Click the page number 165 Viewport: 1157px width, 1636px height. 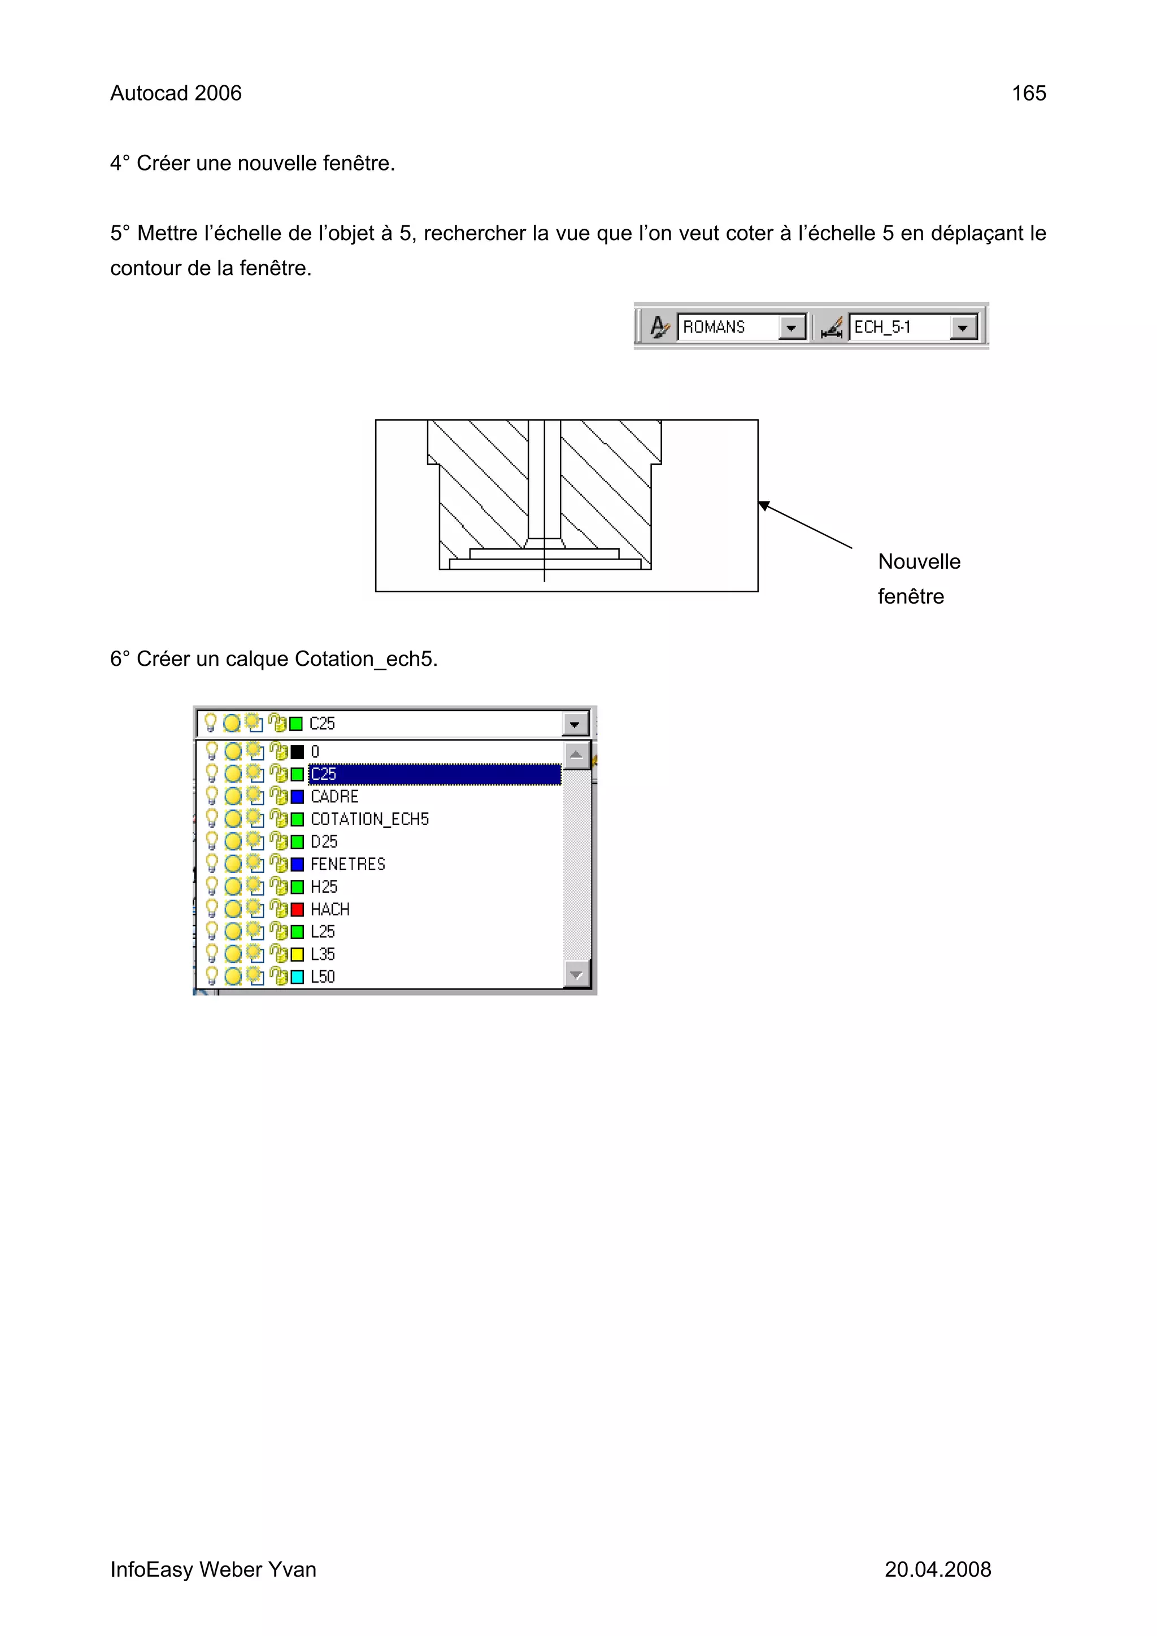point(1028,93)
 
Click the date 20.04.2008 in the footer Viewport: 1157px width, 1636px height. point(937,1569)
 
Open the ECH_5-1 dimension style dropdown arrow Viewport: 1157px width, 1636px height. point(963,328)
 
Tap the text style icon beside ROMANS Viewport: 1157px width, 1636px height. point(659,327)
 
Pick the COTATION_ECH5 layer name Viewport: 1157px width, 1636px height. point(369,819)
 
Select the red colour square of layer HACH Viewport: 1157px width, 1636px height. point(297,909)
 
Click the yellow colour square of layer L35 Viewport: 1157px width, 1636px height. point(297,954)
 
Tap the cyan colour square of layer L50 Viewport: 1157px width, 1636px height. point(297,977)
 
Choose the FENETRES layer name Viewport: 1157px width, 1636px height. point(347,865)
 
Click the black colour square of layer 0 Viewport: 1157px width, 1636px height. point(297,752)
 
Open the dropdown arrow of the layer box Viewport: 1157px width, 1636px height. point(575,725)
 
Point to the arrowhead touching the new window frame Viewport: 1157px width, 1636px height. point(763,505)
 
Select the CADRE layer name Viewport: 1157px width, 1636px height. point(334,797)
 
